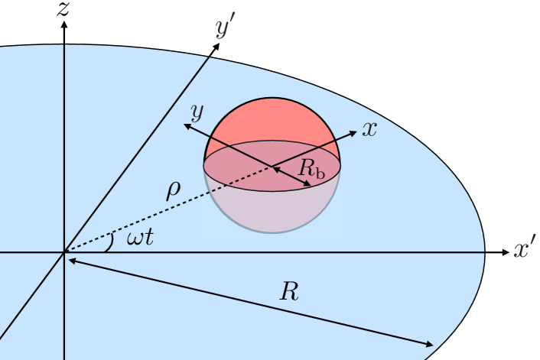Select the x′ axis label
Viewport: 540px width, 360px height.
525,250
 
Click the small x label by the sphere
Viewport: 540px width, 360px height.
370,129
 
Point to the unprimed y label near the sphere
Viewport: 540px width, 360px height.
197,113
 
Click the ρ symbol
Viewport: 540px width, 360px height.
174,188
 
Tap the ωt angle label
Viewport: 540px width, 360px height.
140,238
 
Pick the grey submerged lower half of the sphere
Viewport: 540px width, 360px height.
271,210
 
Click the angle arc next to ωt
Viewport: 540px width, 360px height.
111,241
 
